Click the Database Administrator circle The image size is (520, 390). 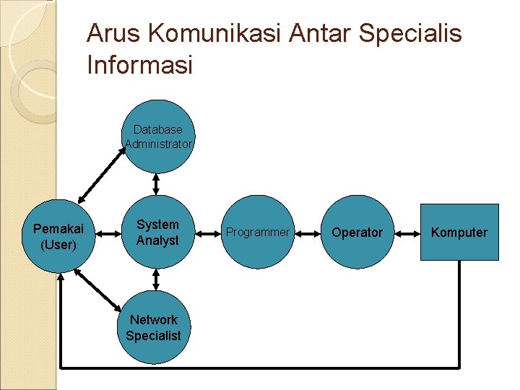coord(158,136)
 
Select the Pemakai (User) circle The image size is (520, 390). coord(58,235)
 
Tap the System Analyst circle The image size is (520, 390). coord(157,232)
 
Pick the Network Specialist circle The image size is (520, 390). coord(153,327)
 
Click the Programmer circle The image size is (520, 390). coord(257,232)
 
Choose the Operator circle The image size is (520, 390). coord(357,232)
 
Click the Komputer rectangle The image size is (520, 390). coord(459,232)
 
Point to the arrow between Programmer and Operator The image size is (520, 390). coord(307,233)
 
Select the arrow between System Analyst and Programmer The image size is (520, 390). coord(207,233)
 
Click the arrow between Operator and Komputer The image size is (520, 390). coord(407,233)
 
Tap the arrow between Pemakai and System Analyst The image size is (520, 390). coord(108,233)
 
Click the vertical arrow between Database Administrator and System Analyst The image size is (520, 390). coord(156,184)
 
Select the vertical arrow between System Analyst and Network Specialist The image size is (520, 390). coord(156,280)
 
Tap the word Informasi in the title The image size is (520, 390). coord(139,66)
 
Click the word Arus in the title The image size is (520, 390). coord(112,34)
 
